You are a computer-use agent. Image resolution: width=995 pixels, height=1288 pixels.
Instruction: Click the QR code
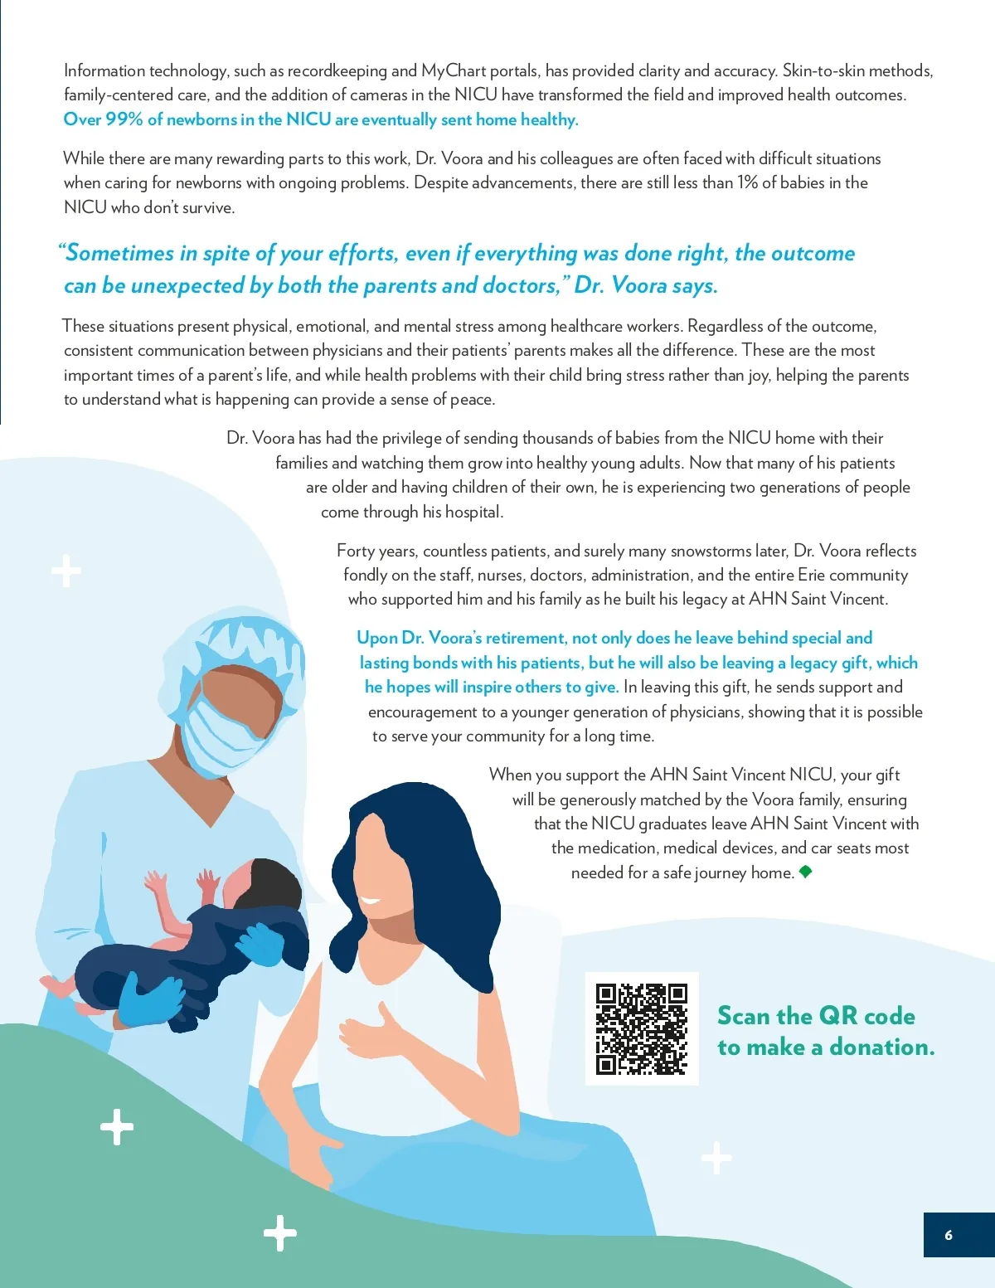point(642,1028)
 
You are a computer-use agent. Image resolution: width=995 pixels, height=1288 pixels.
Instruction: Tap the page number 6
point(949,1235)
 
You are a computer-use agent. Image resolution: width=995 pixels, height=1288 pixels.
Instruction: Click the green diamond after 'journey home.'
point(805,872)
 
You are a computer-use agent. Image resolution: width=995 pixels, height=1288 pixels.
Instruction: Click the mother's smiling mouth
point(370,902)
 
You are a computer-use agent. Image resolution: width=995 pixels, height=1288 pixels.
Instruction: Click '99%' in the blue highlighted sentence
point(124,119)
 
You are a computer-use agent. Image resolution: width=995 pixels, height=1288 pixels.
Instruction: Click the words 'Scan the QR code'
point(816,1016)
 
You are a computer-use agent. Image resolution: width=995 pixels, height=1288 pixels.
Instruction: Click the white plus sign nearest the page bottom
point(280,1233)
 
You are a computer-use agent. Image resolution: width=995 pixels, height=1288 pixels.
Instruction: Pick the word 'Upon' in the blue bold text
point(376,638)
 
